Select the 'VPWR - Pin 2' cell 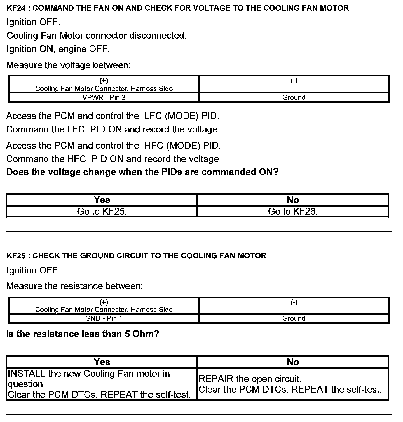pos(104,97)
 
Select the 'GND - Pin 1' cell pos(104,318)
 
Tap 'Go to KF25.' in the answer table pos(102,211)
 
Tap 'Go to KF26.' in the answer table pos(293,211)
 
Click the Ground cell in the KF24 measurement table pos(294,97)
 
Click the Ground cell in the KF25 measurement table pos(294,318)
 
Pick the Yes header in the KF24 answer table pos(102,200)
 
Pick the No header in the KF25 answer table pos(293,362)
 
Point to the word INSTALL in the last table pos(27,374)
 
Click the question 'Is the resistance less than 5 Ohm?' pos(83,334)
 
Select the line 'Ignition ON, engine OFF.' pos(58,49)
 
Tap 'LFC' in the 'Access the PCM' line pos(153,116)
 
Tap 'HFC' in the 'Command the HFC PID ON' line pos(76,159)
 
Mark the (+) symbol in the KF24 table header pos(104,81)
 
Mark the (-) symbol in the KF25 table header pos(294,302)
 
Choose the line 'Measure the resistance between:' pos(74,286)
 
